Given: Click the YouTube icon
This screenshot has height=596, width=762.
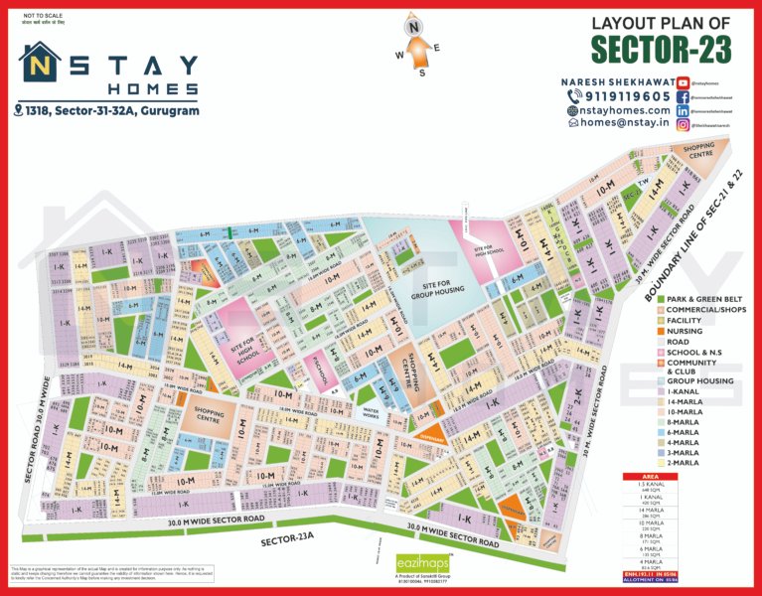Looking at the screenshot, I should coord(684,82).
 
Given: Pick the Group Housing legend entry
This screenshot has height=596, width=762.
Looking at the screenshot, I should coord(699,380).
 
